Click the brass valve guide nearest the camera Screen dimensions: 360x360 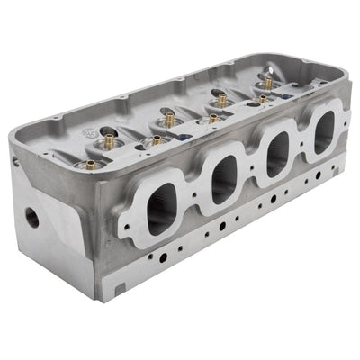click(90, 164)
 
